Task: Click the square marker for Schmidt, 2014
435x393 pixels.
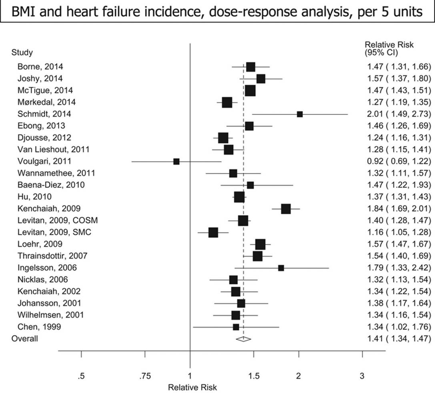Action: (300, 114)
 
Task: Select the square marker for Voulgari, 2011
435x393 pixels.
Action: (176, 162)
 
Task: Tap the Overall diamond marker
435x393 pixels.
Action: (243, 339)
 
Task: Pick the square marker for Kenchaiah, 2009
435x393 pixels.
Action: (286, 209)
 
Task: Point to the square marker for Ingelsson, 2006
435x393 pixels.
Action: (281, 268)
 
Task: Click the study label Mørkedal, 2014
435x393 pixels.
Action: (46, 102)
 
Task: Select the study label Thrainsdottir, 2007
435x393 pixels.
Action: (52, 256)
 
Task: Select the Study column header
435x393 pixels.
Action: (22, 52)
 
